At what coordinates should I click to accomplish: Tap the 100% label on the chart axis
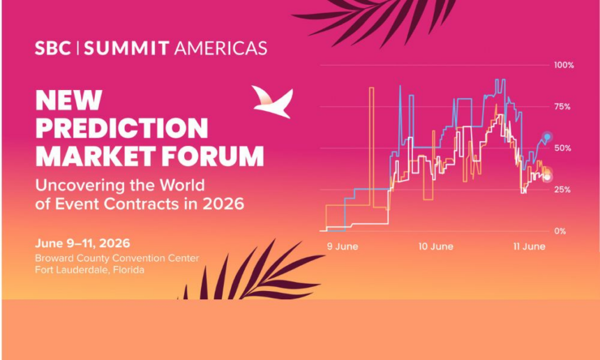coord(564,66)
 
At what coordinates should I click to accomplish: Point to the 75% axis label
coord(562,107)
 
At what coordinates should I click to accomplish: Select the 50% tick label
coord(562,148)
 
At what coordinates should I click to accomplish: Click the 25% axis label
coord(562,190)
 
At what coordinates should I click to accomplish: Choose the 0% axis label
coord(560,231)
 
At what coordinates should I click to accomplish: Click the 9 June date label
coord(343,246)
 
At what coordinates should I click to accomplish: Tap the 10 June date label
coord(436,246)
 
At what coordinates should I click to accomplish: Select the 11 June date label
coord(530,246)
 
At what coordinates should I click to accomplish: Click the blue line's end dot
coord(547,137)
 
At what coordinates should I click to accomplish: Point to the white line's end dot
coord(547,177)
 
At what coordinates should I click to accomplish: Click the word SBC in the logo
coord(53,48)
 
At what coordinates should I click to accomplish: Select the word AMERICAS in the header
coord(220,48)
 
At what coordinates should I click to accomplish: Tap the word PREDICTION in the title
coord(121,128)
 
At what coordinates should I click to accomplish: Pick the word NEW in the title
coord(69,100)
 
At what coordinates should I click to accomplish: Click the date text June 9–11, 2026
coord(82,243)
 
